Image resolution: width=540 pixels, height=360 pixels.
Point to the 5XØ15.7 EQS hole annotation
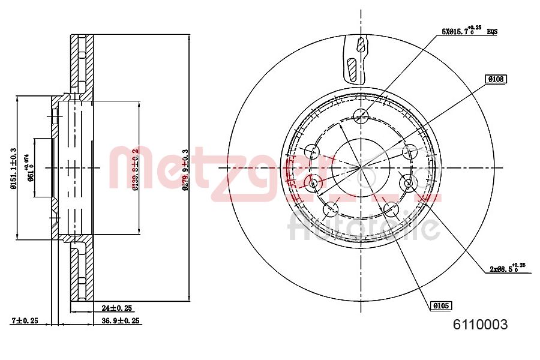click(x=467, y=31)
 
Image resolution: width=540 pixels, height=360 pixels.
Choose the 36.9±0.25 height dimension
click(x=117, y=321)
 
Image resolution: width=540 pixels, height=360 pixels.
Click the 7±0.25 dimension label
click(x=25, y=321)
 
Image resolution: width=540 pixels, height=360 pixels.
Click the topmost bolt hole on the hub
click(x=361, y=116)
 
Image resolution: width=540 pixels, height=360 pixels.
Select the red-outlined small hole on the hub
click(x=311, y=182)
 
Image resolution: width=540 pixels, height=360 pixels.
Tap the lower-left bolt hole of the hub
click(x=331, y=209)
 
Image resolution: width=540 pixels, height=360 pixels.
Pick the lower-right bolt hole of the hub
click(x=391, y=209)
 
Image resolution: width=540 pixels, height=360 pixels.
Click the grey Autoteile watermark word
click(x=363, y=227)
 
